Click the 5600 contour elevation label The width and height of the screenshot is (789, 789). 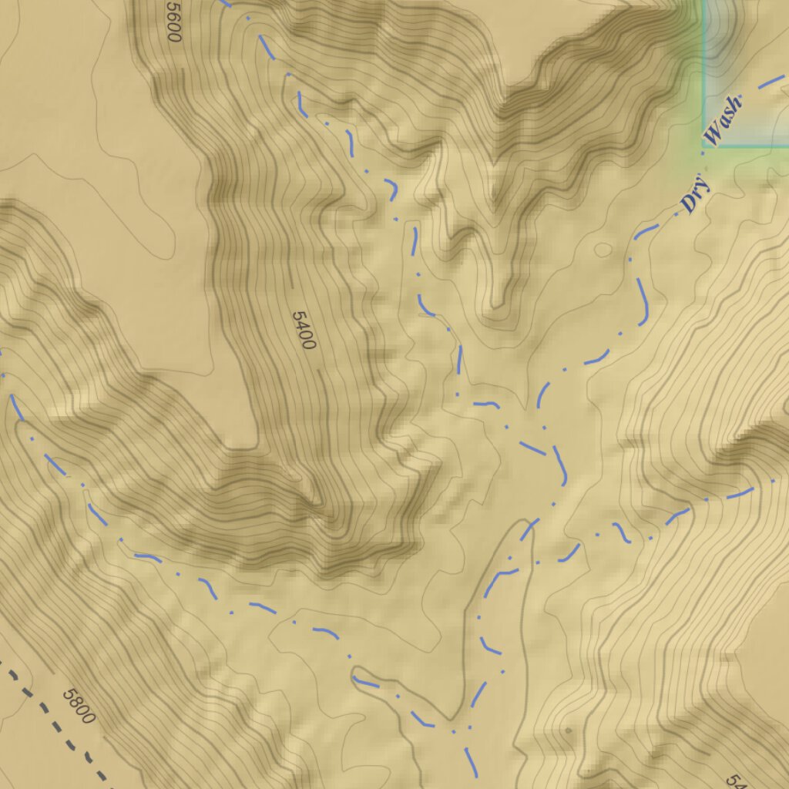tap(173, 21)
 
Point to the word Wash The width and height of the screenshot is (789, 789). tap(724, 121)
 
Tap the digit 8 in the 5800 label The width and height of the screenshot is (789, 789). tap(74, 701)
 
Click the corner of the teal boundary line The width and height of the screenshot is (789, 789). tap(703, 145)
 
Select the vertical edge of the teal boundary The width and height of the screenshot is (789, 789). tap(703, 69)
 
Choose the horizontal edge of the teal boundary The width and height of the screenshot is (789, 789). tap(747, 145)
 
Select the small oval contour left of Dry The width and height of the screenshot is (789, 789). tap(603, 250)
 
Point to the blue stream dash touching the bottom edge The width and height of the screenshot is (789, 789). tap(471, 763)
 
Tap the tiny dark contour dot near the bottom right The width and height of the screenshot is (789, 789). tap(568, 730)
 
